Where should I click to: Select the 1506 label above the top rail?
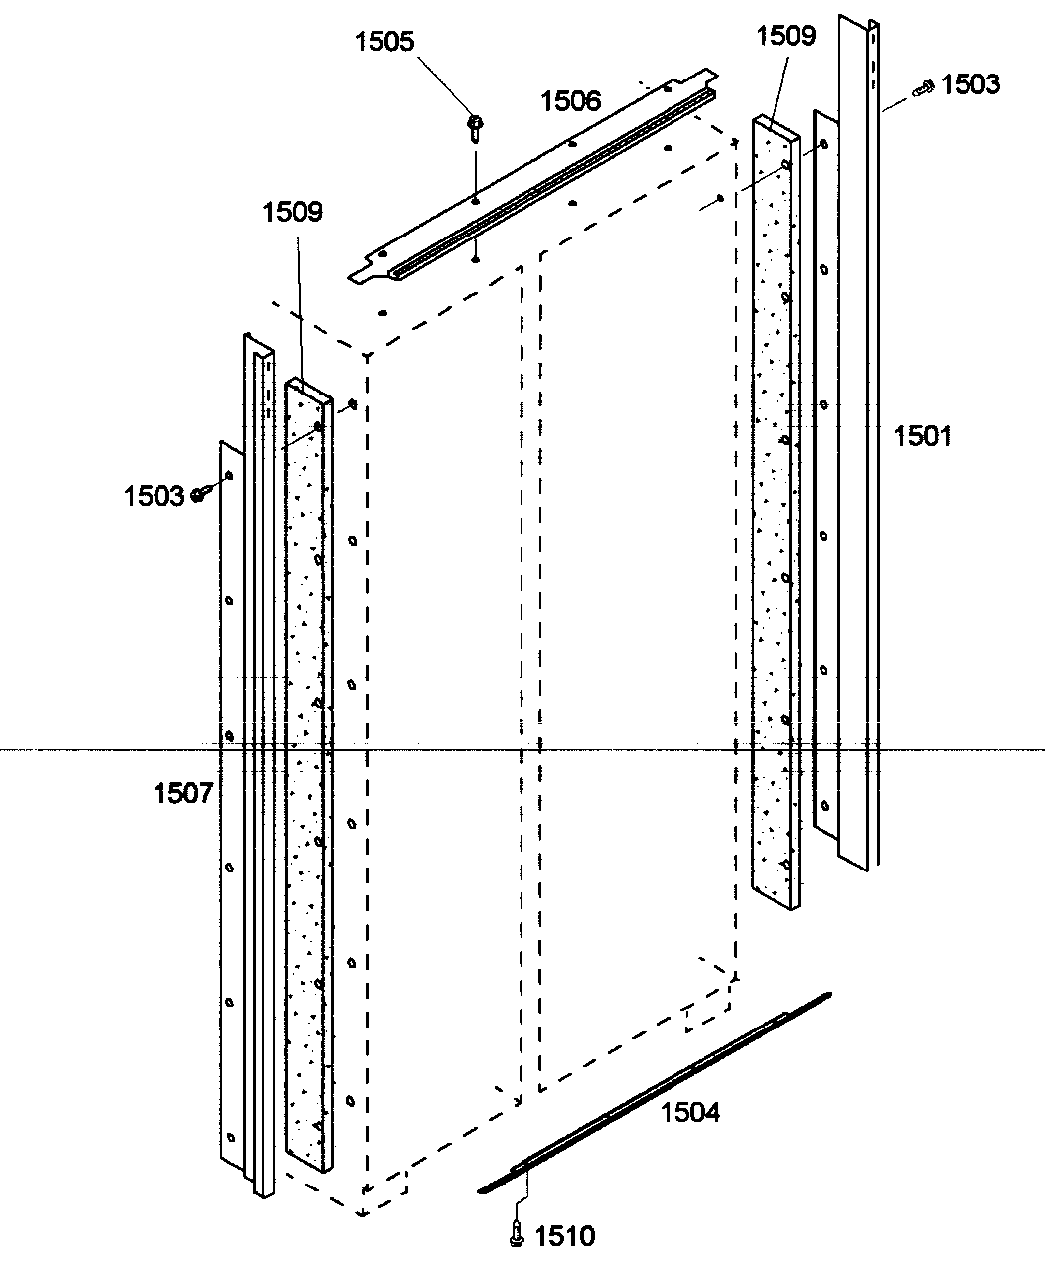coord(570,100)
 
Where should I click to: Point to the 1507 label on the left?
coord(184,793)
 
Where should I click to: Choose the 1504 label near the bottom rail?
coord(690,1111)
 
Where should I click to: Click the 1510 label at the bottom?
coord(565,1236)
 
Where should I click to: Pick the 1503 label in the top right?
coord(970,84)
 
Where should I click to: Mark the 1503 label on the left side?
coord(154,495)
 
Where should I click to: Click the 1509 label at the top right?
coord(786,37)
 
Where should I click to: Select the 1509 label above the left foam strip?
coord(293,212)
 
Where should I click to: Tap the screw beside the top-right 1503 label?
coord(924,88)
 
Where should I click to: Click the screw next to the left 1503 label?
coord(199,493)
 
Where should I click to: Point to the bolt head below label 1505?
coord(475,125)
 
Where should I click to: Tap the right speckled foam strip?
coord(774,517)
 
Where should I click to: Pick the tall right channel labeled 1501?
coord(860,437)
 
